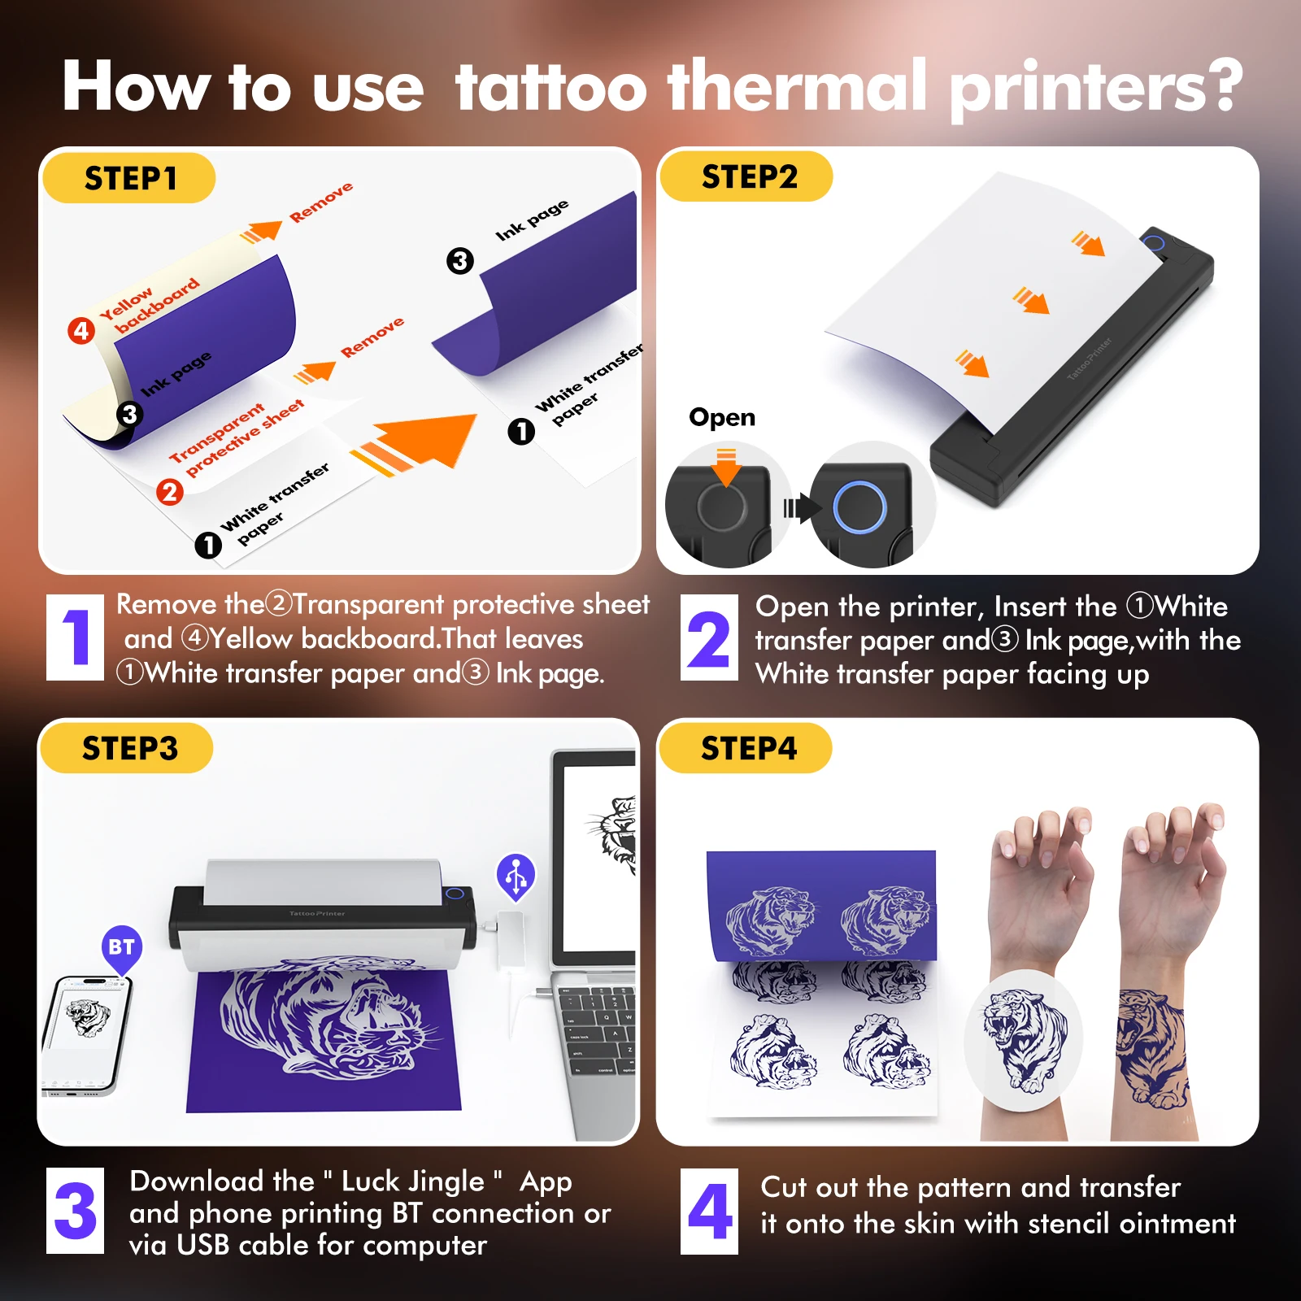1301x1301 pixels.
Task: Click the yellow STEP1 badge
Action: tap(129, 178)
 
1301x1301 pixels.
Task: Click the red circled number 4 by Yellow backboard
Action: tap(81, 331)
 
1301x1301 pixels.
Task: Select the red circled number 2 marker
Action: tap(169, 492)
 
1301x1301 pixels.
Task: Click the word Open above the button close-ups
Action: tap(722, 417)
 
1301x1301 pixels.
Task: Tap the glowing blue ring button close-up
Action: tap(859, 507)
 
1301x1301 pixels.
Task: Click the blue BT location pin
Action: tap(122, 948)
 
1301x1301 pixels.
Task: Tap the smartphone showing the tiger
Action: tap(85, 1033)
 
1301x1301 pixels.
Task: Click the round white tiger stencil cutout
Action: tap(1023, 1041)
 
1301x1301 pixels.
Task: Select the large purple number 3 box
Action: tap(75, 1211)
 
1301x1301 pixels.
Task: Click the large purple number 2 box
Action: tap(709, 638)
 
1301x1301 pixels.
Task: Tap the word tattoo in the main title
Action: tap(550, 86)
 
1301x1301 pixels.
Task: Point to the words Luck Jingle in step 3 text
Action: tap(412, 1181)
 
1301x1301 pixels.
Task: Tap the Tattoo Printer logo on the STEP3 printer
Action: tap(317, 913)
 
